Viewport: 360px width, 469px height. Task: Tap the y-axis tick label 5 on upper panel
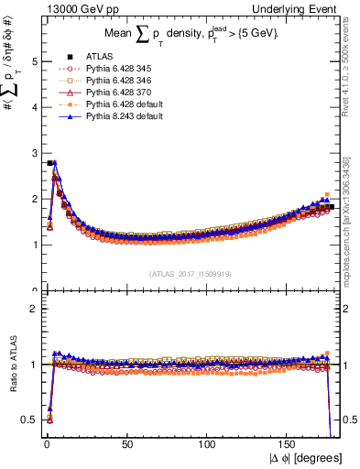35,61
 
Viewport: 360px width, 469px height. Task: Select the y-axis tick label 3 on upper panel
35,153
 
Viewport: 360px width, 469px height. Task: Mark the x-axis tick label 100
208,436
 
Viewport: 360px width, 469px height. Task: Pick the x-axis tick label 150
290,436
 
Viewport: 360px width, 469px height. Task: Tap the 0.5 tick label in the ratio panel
31,420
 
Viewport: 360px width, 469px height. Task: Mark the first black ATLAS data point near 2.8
49,163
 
